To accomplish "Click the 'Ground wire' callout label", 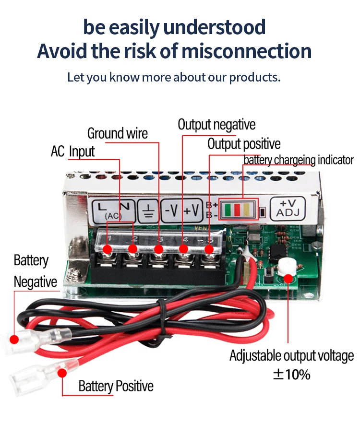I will pyautogui.click(x=118, y=133).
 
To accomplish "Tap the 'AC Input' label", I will pyautogui.click(x=73, y=152).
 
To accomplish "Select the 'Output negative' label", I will pyautogui.click(x=216, y=125).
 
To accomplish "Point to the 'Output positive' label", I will pyautogui.click(x=244, y=144).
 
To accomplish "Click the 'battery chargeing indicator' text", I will pyautogui.click(x=299, y=160).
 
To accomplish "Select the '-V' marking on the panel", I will pyautogui.click(x=172, y=210).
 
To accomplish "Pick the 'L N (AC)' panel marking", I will pyautogui.click(x=114, y=210).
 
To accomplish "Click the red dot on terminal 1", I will pyautogui.click(x=108, y=249).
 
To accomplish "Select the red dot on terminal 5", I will pyautogui.click(x=209, y=249).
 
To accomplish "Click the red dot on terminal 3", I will pyautogui.click(x=158, y=249).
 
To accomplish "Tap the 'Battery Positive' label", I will pyautogui.click(x=116, y=386).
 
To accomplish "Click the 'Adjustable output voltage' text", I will pyautogui.click(x=291, y=356).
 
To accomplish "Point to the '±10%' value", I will pyautogui.click(x=291, y=375).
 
